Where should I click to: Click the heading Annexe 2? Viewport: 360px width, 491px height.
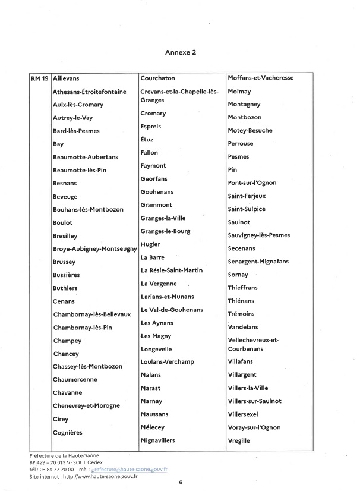tap(180, 52)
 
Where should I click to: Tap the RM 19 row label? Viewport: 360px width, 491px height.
tap(39, 78)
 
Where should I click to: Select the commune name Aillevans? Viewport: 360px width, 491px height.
tap(66, 78)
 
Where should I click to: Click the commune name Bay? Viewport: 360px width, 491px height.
tap(58, 144)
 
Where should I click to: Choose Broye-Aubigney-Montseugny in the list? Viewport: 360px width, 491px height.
tap(94, 248)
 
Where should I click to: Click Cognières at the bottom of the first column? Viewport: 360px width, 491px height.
tap(68, 432)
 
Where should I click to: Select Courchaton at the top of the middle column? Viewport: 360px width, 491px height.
tap(157, 78)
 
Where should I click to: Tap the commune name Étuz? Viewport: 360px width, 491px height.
tap(147, 139)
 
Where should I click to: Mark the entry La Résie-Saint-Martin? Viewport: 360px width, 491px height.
tap(172, 270)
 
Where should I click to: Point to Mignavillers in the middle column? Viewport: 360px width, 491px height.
tap(158, 440)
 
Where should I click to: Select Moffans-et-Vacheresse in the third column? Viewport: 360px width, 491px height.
tap(261, 78)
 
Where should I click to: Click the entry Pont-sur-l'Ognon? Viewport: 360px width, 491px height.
tap(252, 183)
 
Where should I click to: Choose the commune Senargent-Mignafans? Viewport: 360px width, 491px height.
tap(258, 262)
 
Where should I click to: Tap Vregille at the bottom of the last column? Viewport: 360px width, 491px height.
tap(239, 440)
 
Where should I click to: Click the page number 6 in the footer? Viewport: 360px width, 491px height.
tap(180, 483)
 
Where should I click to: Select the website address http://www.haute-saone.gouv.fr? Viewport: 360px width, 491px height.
tap(91, 476)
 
